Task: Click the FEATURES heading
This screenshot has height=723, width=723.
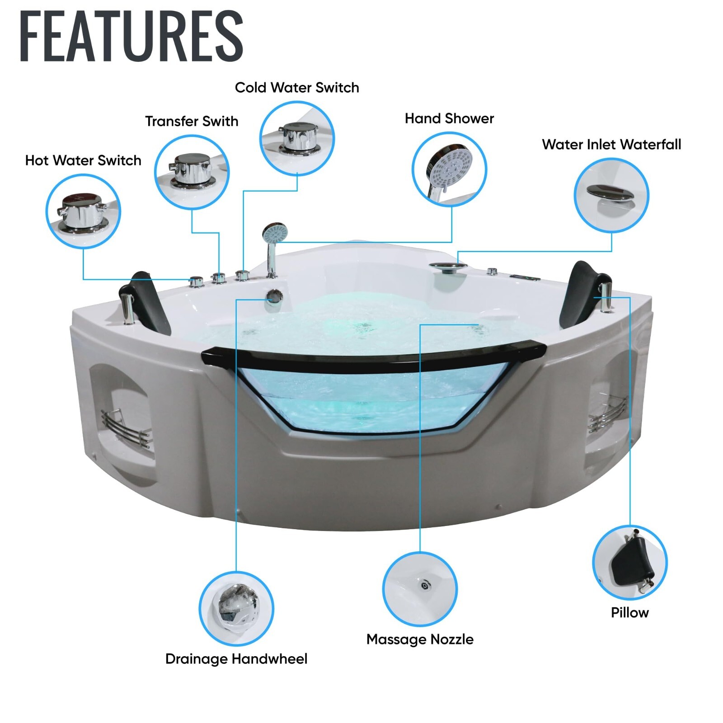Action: [131, 36]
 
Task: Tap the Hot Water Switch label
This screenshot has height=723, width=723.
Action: [83, 160]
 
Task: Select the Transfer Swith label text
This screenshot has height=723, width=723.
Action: [192, 121]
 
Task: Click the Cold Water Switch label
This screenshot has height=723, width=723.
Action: [297, 88]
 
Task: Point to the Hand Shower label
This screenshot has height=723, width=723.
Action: [449, 118]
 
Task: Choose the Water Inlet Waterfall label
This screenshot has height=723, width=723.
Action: [611, 145]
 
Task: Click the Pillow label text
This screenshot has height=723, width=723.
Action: [629, 613]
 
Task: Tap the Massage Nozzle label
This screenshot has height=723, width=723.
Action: [420, 639]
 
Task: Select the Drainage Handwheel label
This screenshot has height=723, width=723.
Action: [236, 659]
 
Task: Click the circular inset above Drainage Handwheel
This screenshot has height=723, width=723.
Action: [236, 608]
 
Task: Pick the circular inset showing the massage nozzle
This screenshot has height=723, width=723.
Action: [420, 589]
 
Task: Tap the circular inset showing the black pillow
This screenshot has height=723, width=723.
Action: [629, 563]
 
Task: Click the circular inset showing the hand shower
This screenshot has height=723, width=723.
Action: [449, 169]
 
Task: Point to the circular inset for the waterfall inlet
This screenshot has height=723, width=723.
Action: [611, 195]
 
